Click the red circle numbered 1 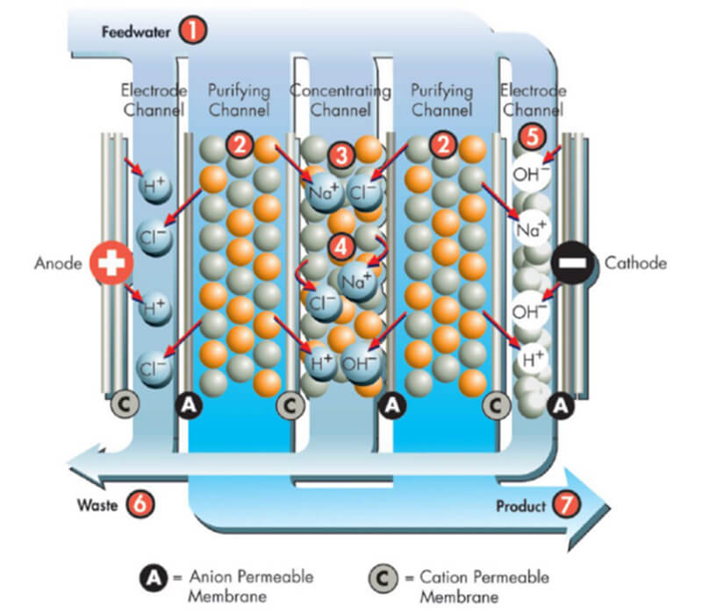[192, 32]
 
